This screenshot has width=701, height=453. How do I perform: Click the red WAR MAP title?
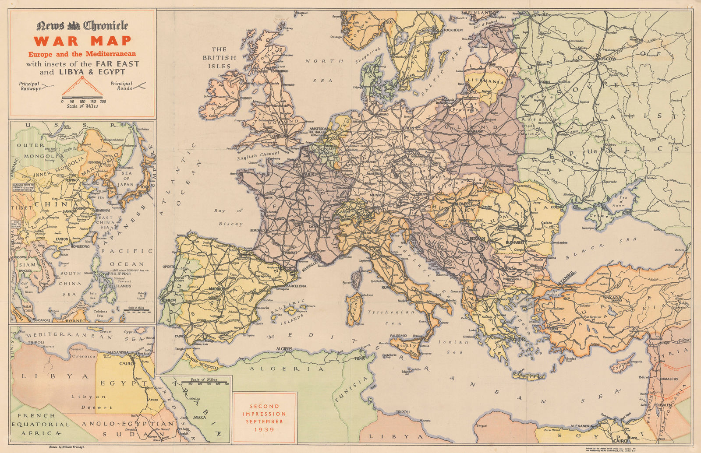(x=82, y=41)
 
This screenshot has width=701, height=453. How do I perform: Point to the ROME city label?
(x=386, y=287)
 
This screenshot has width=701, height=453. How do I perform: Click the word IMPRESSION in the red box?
(x=265, y=414)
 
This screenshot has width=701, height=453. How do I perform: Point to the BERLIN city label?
(x=407, y=128)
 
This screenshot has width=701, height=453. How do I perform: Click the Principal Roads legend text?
(x=121, y=86)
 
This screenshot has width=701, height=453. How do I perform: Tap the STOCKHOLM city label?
(x=452, y=30)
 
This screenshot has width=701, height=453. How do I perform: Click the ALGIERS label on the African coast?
(x=283, y=348)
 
